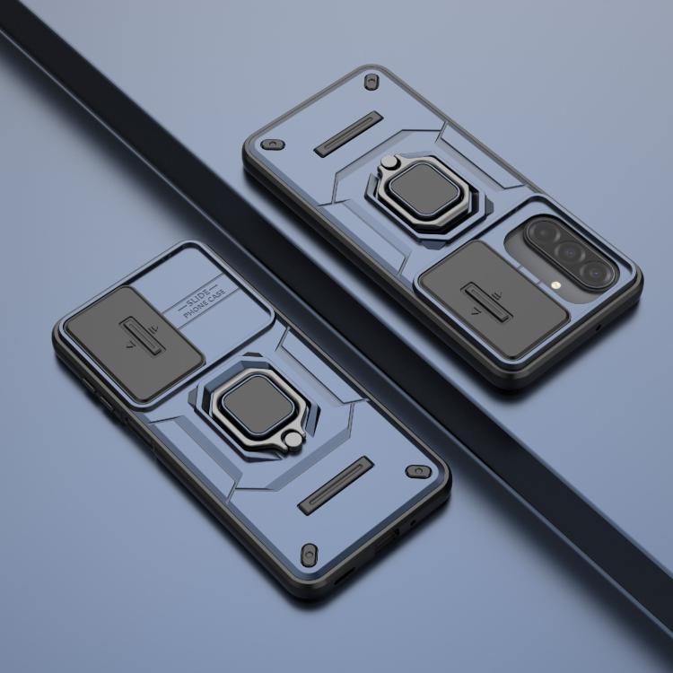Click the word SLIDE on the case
click(x=198, y=297)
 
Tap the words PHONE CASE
click(x=205, y=304)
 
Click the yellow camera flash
click(x=556, y=284)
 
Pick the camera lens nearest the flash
click(x=594, y=271)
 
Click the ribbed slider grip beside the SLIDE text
click(x=141, y=336)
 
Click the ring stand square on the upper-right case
click(x=424, y=188)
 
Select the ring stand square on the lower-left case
click(x=258, y=405)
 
